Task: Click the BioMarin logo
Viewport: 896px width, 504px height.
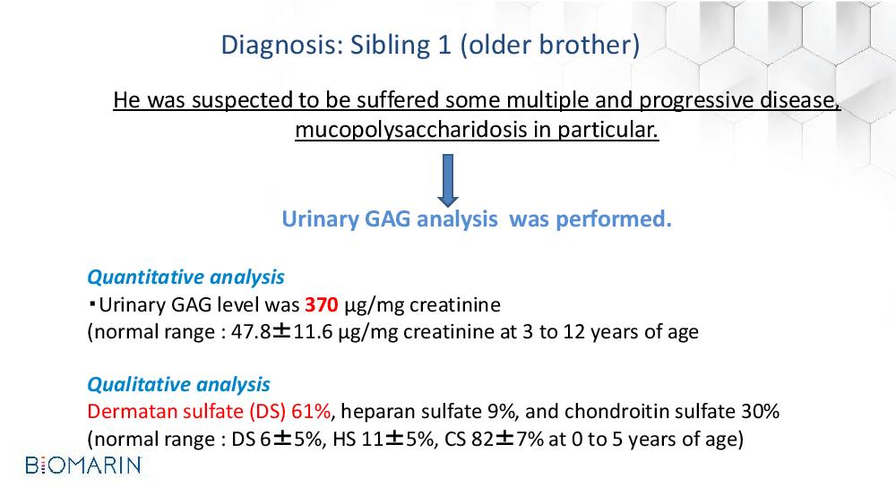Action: (83, 466)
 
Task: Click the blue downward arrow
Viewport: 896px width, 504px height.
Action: (448, 180)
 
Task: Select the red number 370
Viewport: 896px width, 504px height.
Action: (322, 304)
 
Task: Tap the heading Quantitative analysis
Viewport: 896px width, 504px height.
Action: (185, 278)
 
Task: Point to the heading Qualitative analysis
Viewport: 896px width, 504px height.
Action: (179, 385)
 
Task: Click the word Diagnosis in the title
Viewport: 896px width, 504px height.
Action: (282, 46)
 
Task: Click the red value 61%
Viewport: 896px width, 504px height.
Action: (311, 412)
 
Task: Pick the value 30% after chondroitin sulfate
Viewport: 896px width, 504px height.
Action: (760, 412)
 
